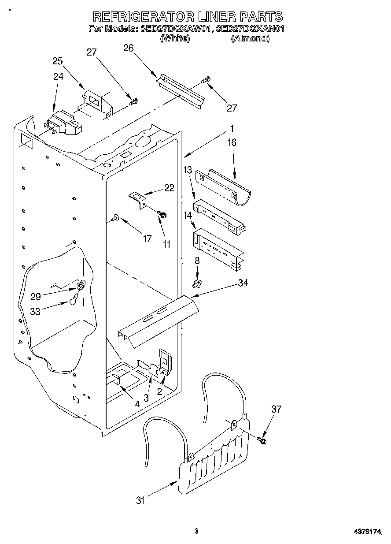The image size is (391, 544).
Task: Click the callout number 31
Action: click(140, 500)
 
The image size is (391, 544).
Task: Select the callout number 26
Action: click(129, 48)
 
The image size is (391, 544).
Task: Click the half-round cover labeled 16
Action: click(225, 185)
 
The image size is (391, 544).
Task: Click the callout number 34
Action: click(243, 283)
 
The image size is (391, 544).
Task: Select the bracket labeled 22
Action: click(139, 199)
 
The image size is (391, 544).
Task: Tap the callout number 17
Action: click(148, 238)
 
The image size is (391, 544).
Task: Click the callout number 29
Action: click(36, 297)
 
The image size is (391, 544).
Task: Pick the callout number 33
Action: click(35, 311)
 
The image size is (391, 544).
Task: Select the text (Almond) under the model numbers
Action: click(250, 38)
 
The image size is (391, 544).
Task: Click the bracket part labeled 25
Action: click(97, 104)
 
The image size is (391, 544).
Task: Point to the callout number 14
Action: click(188, 216)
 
